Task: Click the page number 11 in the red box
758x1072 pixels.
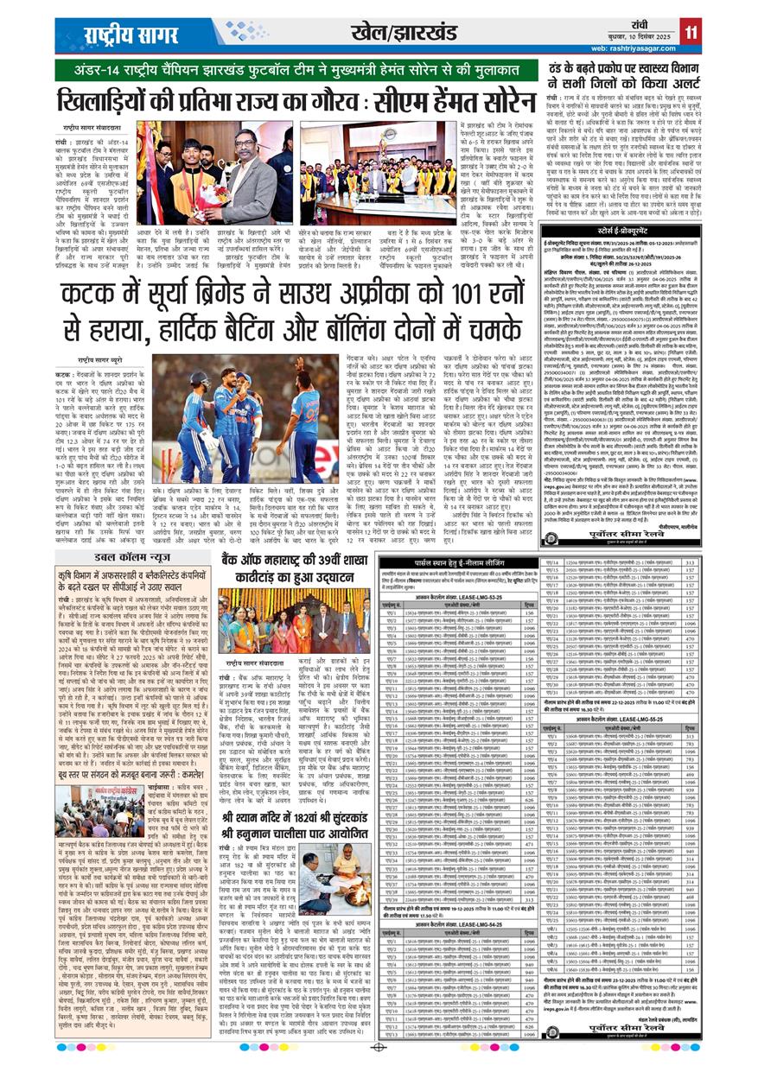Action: coord(690,30)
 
